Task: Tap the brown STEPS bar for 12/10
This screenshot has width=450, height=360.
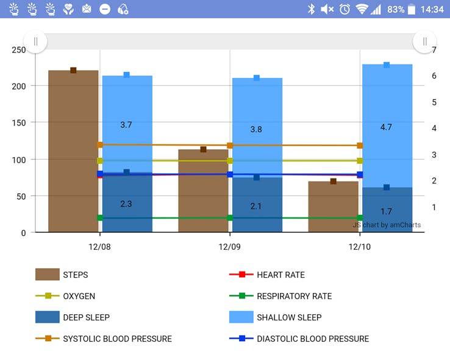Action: click(333, 206)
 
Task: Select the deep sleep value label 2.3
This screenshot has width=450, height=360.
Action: click(126, 204)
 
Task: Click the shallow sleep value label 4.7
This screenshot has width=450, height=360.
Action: click(386, 127)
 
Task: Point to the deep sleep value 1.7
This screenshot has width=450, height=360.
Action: click(386, 211)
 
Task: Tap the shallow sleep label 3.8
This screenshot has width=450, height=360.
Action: click(256, 129)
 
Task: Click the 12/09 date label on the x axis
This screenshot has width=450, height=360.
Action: click(230, 247)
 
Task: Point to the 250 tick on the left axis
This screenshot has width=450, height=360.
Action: click(19, 49)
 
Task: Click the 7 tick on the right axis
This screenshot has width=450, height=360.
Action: click(434, 49)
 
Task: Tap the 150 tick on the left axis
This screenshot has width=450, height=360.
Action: click(19, 123)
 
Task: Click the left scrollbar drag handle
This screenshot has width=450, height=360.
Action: click(35, 41)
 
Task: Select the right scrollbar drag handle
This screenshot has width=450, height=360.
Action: click(424, 41)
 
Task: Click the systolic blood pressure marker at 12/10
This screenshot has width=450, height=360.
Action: click(360, 146)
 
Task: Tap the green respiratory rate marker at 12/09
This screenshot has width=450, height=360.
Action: click(230, 217)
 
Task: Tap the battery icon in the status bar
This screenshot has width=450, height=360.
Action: click(412, 9)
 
